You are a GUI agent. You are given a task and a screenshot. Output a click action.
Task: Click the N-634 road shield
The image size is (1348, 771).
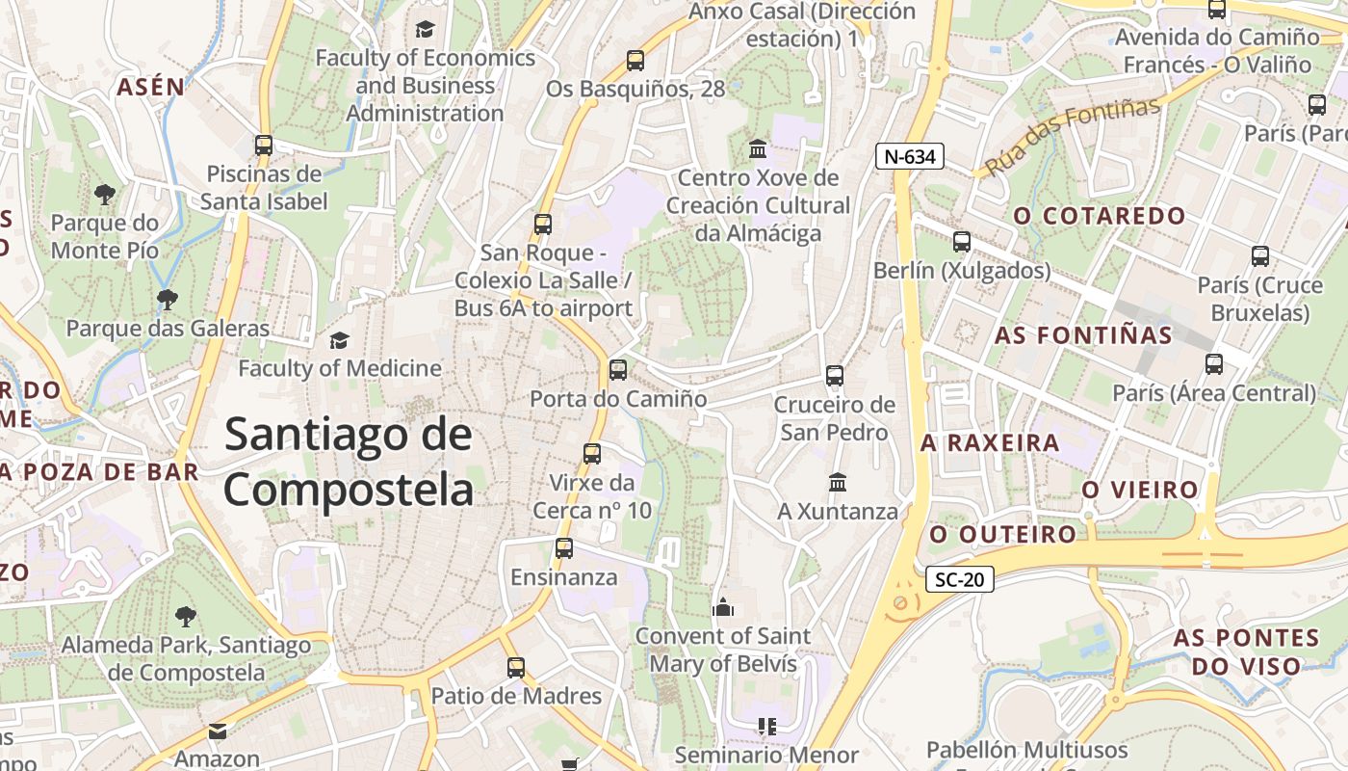[x=910, y=156]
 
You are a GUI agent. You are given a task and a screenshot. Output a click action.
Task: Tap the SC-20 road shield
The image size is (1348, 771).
[x=959, y=580]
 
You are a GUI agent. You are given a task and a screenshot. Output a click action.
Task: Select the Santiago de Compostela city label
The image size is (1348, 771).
[x=349, y=463]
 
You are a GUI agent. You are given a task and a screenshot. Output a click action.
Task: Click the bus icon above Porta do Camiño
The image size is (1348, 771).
[x=618, y=369]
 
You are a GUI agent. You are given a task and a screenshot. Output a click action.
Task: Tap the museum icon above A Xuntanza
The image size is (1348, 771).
[x=838, y=482]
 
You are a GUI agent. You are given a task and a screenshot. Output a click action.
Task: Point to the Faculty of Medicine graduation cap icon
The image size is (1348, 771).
[x=339, y=340]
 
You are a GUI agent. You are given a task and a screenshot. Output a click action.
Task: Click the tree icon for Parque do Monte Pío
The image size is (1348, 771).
[x=105, y=195]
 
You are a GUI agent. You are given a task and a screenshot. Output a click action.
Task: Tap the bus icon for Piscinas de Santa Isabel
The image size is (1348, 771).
[x=264, y=146]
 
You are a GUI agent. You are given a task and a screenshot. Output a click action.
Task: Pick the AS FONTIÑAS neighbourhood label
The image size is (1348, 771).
[x=1083, y=335]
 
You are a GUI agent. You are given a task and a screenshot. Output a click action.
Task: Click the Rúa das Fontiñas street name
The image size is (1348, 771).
[x=1072, y=137]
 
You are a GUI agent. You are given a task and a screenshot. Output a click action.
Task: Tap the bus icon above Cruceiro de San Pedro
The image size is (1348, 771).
[x=835, y=376]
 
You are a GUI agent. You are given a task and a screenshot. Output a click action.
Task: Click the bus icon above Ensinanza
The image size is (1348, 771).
[x=564, y=548]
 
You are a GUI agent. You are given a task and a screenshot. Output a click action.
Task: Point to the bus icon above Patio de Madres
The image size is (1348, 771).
[x=516, y=667]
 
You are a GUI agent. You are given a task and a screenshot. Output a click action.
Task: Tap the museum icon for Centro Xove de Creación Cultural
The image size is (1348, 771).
[x=758, y=149]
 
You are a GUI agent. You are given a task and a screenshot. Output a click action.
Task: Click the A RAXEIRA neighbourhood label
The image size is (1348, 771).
[x=990, y=443]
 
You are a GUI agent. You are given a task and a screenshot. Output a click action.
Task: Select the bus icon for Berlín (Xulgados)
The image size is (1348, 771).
[x=961, y=242]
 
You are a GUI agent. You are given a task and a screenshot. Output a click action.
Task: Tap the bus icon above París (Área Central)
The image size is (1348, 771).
[x=1214, y=364]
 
